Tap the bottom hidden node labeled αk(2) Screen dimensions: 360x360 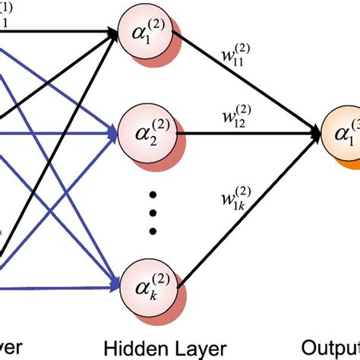[145, 282]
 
